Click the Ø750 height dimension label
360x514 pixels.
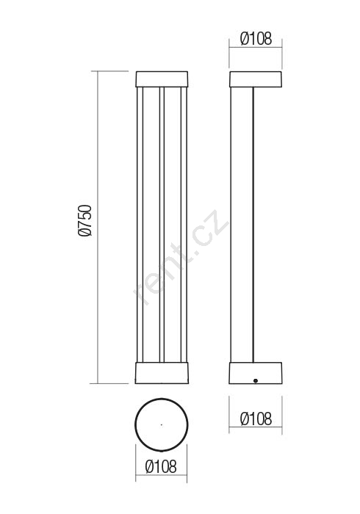[84, 220]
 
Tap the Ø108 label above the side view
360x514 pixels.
[256, 39]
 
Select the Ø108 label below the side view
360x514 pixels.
[256, 419]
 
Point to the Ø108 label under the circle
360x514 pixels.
[161, 466]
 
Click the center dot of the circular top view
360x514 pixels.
[161, 425]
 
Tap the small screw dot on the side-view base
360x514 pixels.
[256, 380]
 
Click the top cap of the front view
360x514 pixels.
[162, 79]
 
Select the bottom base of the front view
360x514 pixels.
[162, 373]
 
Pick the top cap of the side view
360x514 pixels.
[256, 79]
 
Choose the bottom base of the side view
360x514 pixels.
[256, 373]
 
